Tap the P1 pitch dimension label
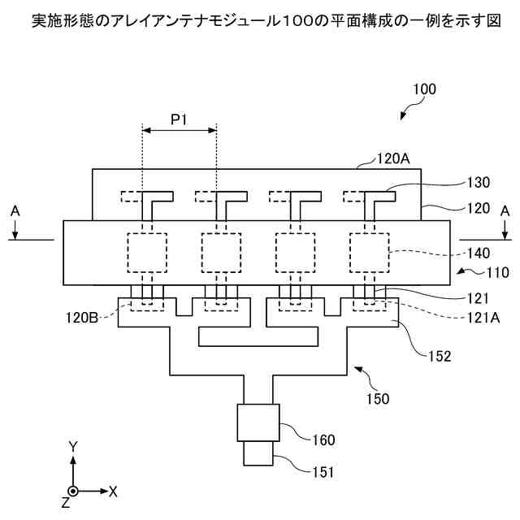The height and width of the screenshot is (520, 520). [179, 119]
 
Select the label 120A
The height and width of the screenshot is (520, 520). [393, 160]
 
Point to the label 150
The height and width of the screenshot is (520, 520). [378, 399]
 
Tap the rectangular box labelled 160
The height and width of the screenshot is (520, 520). [258, 422]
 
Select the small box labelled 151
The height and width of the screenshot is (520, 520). [258, 453]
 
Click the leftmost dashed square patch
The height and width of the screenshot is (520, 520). [147, 252]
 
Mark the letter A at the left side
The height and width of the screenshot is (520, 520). [14, 210]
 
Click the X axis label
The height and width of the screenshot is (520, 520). [113, 492]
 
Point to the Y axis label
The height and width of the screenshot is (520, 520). [72, 446]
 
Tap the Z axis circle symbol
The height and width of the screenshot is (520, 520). [73, 492]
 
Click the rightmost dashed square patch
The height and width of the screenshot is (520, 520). [369, 252]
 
